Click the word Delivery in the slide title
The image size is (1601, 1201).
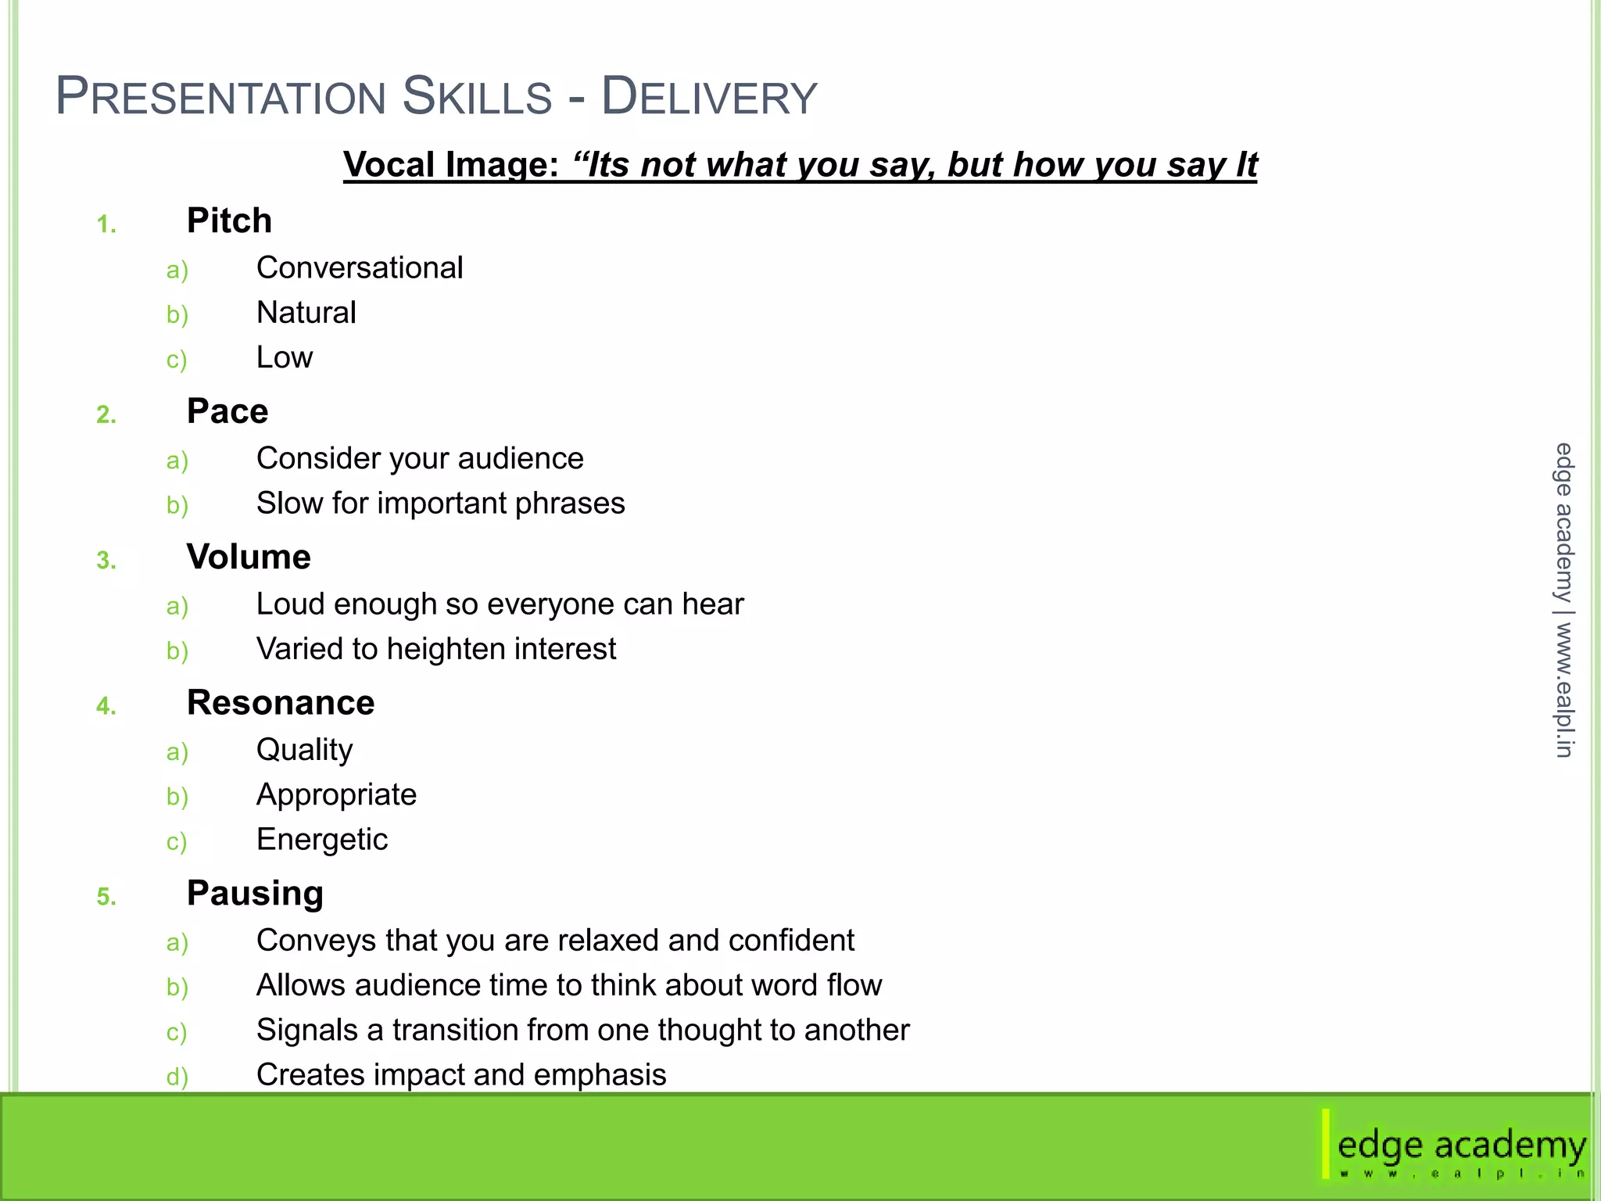(x=708, y=97)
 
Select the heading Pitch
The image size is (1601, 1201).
(x=229, y=221)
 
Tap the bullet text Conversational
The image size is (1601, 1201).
(x=360, y=268)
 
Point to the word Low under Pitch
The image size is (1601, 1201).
(x=285, y=357)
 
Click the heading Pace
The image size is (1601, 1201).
(x=227, y=411)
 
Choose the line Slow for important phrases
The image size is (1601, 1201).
(x=440, y=504)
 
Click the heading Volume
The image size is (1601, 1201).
(x=249, y=557)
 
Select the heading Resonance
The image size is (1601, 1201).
(x=281, y=703)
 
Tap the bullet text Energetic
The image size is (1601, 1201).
(x=322, y=840)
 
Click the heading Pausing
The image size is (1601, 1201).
(x=255, y=893)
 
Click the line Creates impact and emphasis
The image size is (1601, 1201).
(x=461, y=1075)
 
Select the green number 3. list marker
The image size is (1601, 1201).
(x=106, y=561)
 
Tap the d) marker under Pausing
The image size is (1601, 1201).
(x=177, y=1077)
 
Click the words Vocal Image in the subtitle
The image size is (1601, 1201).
(x=450, y=165)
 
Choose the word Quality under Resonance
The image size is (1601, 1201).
(x=304, y=750)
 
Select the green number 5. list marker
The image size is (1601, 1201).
(x=106, y=897)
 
